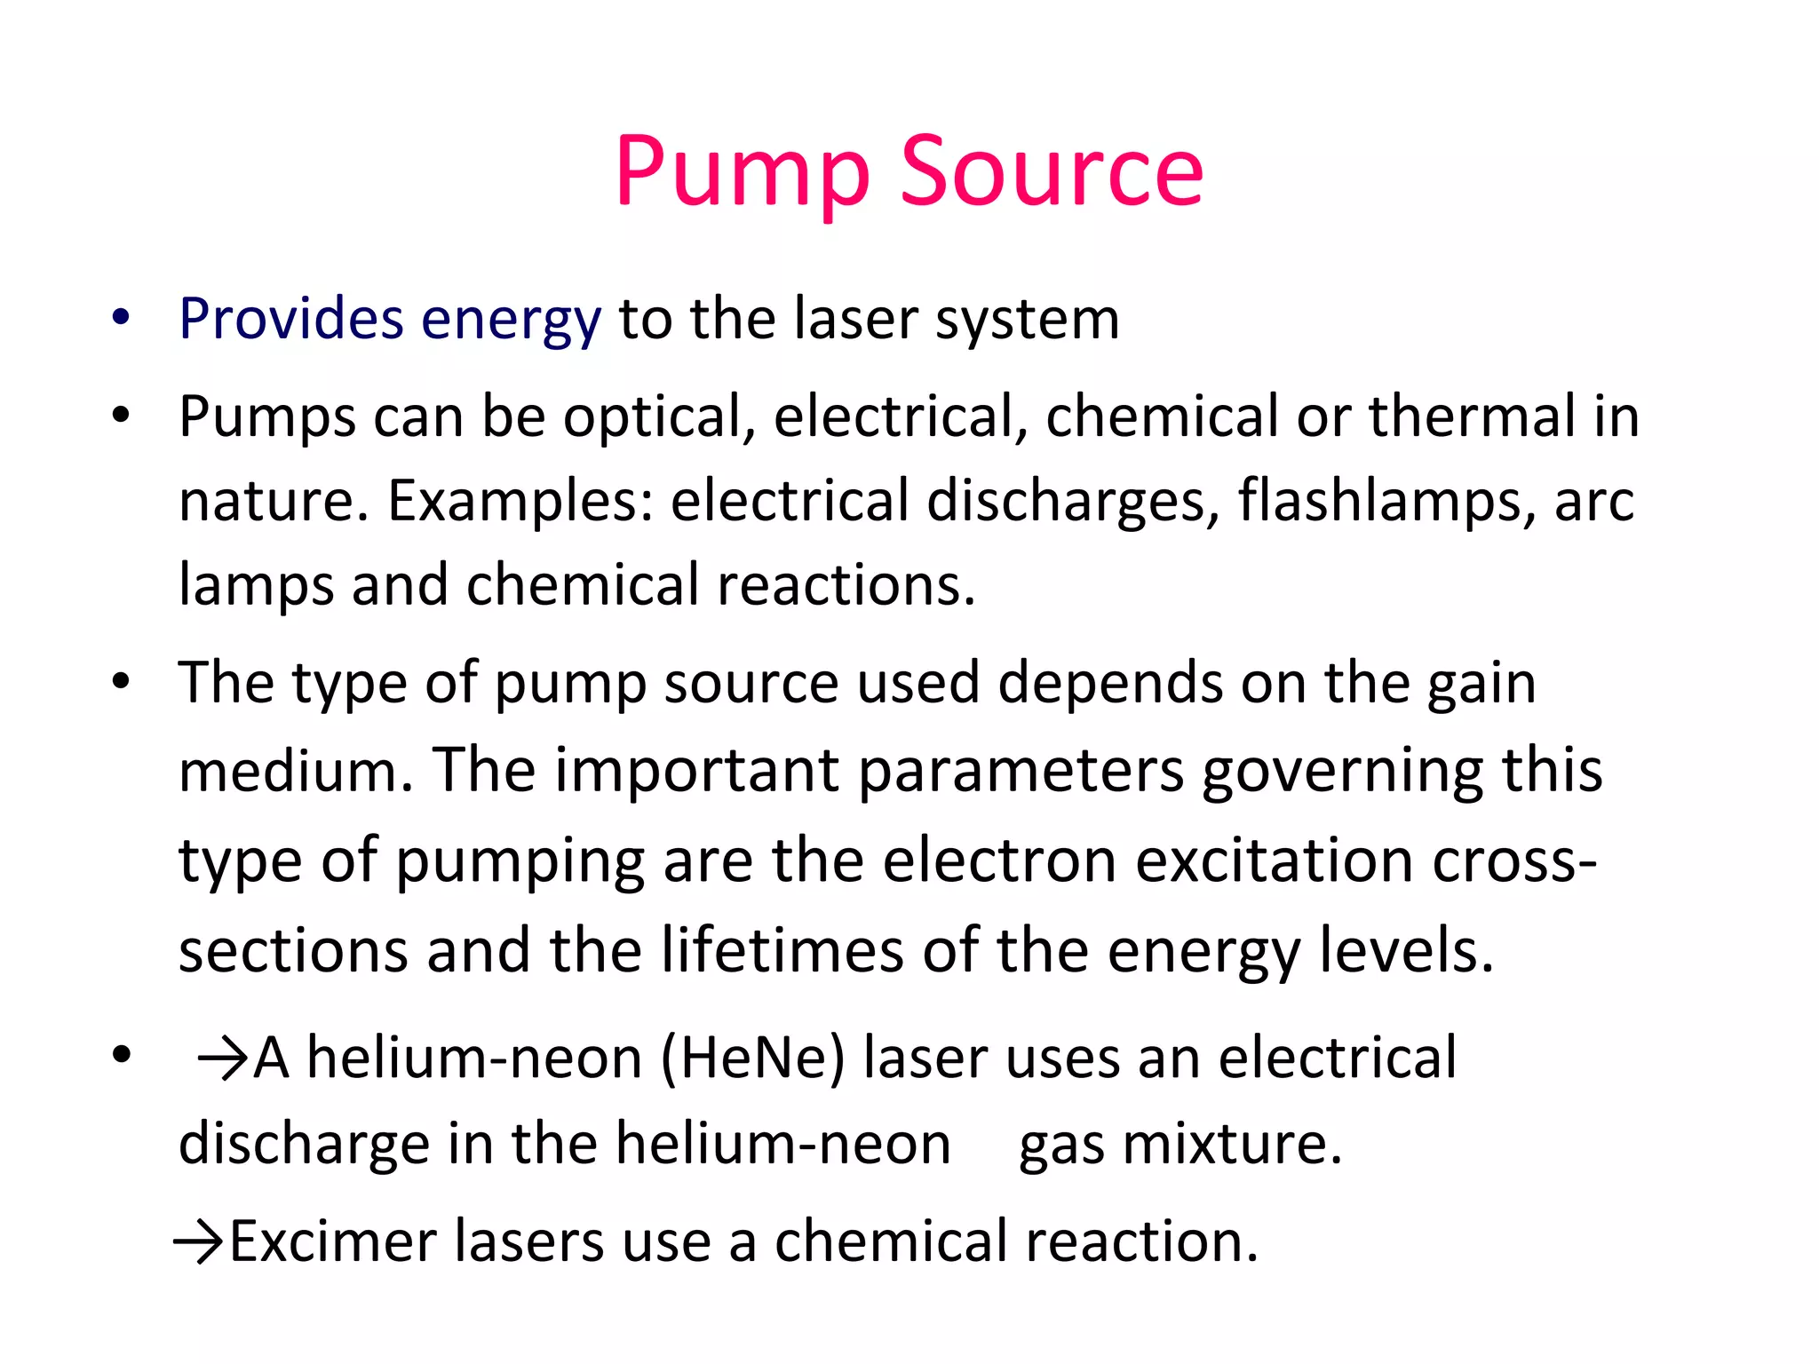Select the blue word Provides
tap(290, 319)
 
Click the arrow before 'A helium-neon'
tap(222, 1059)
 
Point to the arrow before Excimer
tap(199, 1241)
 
